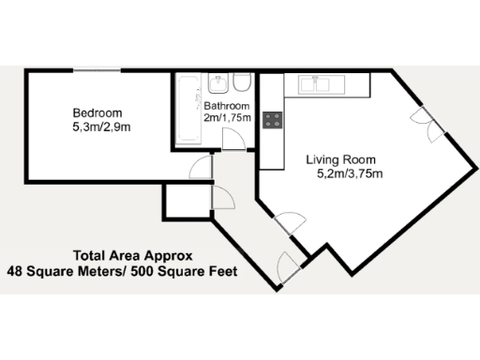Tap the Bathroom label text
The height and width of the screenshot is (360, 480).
[228, 106]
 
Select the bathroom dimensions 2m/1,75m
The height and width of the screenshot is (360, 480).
[229, 119]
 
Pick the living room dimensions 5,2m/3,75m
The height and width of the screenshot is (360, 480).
[343, 173]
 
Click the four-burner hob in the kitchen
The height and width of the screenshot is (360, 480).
[273, 120]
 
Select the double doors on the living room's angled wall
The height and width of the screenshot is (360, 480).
[424, 124]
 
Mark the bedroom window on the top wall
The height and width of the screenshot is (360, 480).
[98, 70]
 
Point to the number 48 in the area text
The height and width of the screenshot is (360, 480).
[15, 272]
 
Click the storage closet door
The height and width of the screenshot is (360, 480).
[223, 198]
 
